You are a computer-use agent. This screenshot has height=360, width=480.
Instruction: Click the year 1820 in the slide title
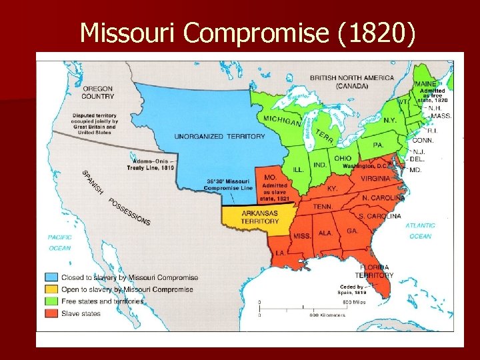pyautogui.click(x=375, y=32)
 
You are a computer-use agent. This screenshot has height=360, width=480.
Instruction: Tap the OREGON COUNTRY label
pyautogui.click(x=98, y=91)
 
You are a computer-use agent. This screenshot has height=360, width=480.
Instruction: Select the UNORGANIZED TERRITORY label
pyautogui.click(x=210, y=136)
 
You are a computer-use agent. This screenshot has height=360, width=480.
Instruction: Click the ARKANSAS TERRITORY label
pyautogui.click(x=260, y=217)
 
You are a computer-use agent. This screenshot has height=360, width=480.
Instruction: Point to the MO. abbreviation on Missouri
pyautogui.click(x=271, y=177)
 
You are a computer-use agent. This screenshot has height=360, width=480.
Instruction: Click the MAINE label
pyautogui.click(x=426, y=85)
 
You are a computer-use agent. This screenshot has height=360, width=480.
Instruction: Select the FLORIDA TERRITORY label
pyautogui.click(x=373, y=271)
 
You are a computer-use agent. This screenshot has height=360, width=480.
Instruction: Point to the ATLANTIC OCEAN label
pyautogui.click(x=420, y=231)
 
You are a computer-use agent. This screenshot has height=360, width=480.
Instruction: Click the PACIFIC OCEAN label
pyautogui.click(x=59, y=243)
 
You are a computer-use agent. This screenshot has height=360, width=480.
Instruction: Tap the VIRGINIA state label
pyautogui.click(x=375, y=178)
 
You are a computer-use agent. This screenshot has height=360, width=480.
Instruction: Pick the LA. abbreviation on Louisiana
pyautogui.click(x=281, y=253)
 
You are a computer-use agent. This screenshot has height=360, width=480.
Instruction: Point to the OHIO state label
pyautogui.click(x=343, y=158)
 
